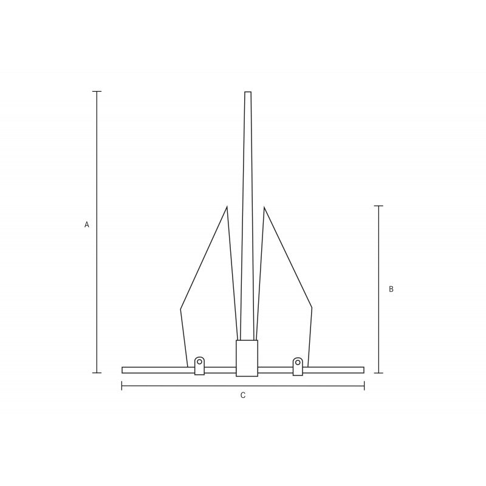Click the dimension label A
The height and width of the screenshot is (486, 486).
click(x=87, y=224)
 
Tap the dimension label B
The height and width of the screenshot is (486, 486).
click(x=391, y=289)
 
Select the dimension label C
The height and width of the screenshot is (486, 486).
click(x=243, y=395)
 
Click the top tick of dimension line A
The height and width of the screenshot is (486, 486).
click(x=97, y=92)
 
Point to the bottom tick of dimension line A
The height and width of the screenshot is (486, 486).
click(x=97, y=372)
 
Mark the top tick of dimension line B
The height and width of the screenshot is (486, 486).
click(x=378, y=205)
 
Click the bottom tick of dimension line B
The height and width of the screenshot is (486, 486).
click(x=378, y=373)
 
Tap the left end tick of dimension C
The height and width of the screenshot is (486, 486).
click(x=122, y=386)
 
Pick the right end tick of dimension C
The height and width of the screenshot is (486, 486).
click(x=364, y=386)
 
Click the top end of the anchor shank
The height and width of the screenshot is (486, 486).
click(x=248, y=92)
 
